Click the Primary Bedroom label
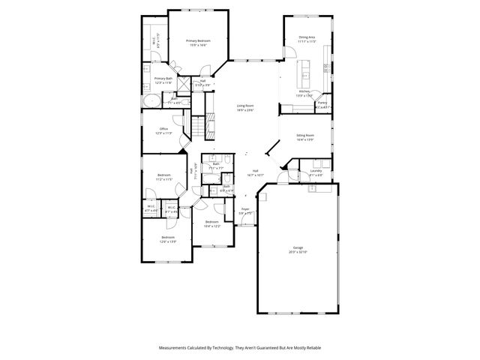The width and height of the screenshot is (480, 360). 198,40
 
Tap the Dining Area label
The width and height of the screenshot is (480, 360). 306,37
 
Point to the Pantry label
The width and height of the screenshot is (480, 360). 322,103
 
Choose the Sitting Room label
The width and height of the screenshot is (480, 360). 304,136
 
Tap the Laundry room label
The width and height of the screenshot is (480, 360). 316,171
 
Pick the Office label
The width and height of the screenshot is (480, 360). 163,129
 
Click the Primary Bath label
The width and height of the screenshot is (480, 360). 163,78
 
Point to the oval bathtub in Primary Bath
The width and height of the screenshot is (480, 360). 151,100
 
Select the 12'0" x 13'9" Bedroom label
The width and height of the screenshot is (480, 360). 167,238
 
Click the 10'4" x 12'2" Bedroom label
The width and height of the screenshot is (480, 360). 212,222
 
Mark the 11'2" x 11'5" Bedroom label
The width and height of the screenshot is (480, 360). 163,177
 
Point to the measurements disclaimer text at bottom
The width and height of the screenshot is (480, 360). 239,348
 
